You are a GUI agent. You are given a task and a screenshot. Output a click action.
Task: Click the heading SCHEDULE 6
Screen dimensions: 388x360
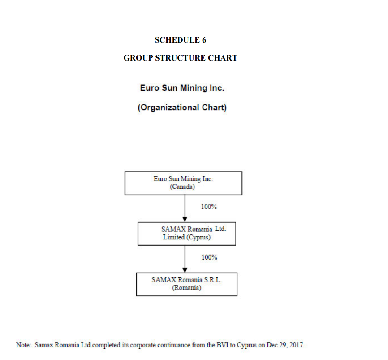[181, 40]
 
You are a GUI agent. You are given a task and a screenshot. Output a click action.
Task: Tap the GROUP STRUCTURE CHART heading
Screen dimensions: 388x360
[181, 58]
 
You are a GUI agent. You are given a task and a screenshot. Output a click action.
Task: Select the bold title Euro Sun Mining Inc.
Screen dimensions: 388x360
[182, 88]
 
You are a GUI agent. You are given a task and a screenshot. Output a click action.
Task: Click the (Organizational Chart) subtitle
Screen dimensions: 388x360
[182, 108]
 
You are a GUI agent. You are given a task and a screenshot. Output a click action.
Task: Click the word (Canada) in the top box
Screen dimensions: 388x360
[182, 187]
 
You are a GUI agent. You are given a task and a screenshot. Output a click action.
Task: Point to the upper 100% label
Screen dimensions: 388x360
[209, 207]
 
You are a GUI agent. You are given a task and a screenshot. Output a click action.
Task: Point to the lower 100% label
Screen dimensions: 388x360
[209, 257]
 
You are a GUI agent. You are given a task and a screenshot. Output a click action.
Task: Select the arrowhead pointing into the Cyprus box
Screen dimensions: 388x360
[185, 219]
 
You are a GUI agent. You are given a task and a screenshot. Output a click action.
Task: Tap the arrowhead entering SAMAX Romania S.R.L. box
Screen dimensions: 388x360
[185, 270]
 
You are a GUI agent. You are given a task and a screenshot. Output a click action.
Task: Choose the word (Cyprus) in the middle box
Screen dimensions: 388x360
[198, 237]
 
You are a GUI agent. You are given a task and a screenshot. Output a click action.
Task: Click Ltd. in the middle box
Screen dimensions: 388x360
[220, 229]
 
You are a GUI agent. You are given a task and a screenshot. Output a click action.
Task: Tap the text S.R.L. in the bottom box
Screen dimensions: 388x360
[213, 280]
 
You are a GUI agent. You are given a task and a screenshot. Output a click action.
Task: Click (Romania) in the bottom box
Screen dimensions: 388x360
[187, 288]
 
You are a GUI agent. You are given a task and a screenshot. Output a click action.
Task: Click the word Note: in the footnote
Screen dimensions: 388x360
[24, 345]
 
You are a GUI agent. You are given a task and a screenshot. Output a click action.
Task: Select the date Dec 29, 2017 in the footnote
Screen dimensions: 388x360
[285, 345]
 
